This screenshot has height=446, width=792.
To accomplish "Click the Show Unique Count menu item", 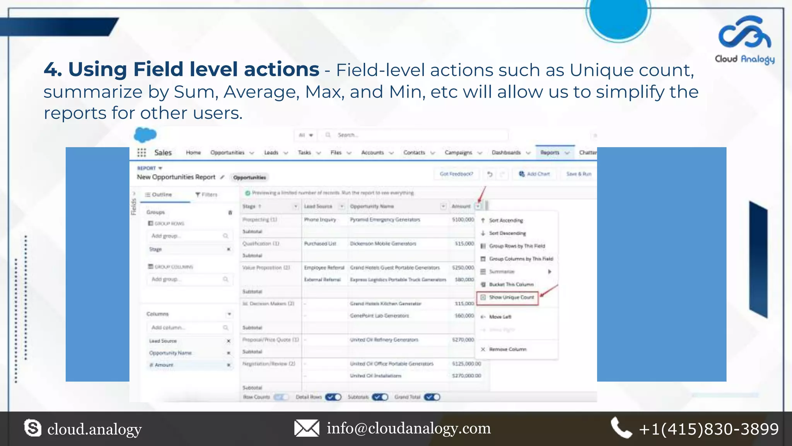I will click(511, 297).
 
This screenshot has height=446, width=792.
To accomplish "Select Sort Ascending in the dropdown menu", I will click(505, 220).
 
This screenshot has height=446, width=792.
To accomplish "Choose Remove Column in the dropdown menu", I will click(507, 349).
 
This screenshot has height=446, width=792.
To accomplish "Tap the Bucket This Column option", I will click(511, 285).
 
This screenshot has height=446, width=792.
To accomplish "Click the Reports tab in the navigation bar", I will click(550, 153).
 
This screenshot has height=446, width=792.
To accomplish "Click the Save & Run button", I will click(579, 174).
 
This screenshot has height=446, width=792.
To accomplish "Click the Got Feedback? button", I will click(456, 174).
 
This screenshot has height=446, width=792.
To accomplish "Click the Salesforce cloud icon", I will click(145, 135).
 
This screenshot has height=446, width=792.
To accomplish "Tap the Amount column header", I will click(461, 206).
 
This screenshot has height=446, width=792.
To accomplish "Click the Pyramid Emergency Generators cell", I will click(385, 220).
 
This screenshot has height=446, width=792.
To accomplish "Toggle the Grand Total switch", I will click(432, 397).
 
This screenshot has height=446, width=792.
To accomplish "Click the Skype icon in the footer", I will click(32, 428).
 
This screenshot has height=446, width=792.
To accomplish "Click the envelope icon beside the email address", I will click(307, 428).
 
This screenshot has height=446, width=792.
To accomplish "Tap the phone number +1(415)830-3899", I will click(708, 429).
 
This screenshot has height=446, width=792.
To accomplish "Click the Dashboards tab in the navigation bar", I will click(506, 153).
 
